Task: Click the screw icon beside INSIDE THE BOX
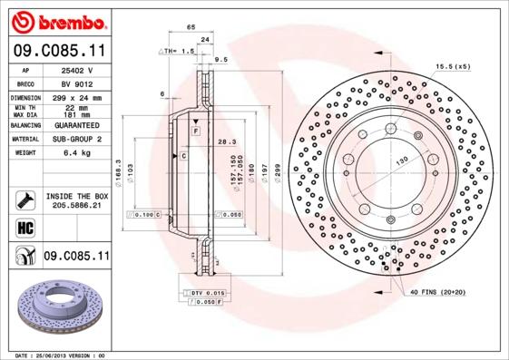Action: click(25, 200)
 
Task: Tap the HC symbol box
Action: click(25, 227)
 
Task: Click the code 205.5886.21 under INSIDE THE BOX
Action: click(77, 207)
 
